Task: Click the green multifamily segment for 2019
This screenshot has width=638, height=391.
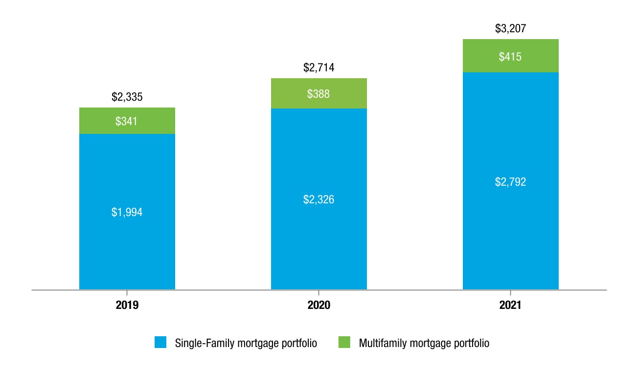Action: (x=127, y=121)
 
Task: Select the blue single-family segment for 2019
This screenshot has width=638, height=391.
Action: (x=127, y=212)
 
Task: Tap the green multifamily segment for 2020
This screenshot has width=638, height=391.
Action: (x=319, y=93)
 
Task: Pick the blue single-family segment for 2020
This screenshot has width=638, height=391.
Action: (x=319, y=199)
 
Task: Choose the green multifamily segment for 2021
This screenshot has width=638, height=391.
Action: (x=511, y=56)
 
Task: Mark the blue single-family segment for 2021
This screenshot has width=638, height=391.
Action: (x=511, y=181)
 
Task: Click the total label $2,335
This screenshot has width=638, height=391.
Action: (x=127, y=97)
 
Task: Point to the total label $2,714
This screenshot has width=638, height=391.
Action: (x=319, y=68)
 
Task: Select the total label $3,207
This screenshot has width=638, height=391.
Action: (x=510, y=28)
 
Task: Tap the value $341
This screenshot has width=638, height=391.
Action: (x=126, y=122)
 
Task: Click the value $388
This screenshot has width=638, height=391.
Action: (x=318, y=94)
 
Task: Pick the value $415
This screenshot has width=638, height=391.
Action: (x=510, y=57)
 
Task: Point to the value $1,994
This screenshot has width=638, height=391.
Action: (x=127, y=212)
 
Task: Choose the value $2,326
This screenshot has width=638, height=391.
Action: (x=319, y=199)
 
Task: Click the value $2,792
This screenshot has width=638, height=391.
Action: (x=510, y=182)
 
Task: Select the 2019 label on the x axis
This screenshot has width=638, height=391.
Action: (x=127, y=305)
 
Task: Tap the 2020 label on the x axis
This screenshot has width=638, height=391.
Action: (x=319, y=305)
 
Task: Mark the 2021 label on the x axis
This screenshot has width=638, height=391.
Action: (x=510, y=305)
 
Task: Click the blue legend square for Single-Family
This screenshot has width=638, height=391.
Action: (x=160, y=342)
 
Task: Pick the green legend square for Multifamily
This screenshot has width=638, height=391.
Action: (x=344, y=342)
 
